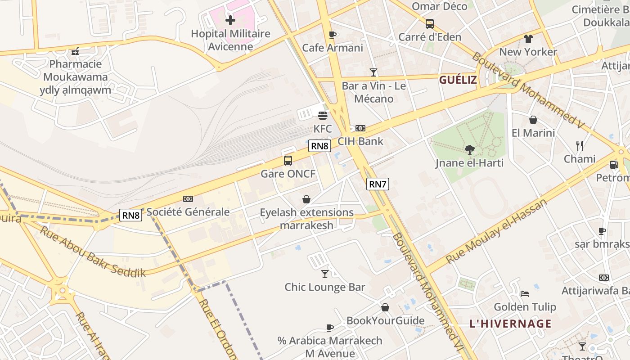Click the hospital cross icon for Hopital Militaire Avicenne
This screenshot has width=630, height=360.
[230, 20]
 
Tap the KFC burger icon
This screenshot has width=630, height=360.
[322, 116]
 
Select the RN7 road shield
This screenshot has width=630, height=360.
[377, 184]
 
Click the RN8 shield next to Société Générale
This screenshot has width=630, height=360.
[130, 215]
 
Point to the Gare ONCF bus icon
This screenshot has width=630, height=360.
[288, 160]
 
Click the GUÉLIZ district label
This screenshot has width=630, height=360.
[458, 80]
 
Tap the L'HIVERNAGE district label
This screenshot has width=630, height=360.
[510, 324]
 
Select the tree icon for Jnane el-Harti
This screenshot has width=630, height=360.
[469, 149]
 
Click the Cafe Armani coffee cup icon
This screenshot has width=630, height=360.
[333, 35]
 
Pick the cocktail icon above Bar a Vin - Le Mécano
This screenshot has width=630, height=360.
[373, 72]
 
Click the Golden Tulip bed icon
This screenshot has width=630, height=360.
[525, 294]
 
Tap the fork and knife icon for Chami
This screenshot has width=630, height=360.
[580, 145]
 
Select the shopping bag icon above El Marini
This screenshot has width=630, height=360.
[533, 120]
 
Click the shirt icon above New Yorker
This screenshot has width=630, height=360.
[528, 39]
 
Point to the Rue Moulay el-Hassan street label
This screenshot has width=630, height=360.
[496, 231]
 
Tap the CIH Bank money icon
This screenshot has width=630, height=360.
[360, 128]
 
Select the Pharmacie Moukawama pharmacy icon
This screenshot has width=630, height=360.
[75, 51]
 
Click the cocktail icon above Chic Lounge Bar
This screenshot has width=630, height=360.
[325, 274]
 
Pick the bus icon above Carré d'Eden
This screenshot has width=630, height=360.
[430, 23]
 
